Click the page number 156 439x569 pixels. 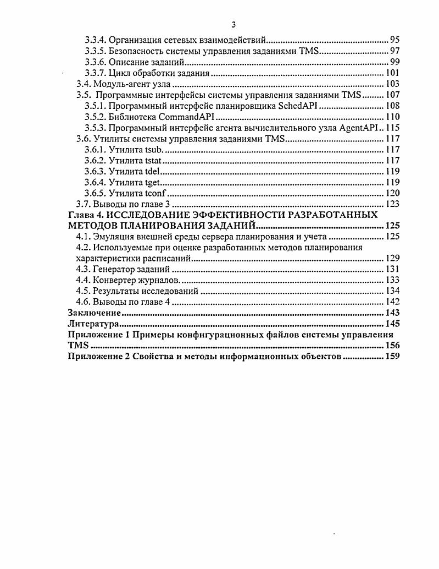pos(392,345)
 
